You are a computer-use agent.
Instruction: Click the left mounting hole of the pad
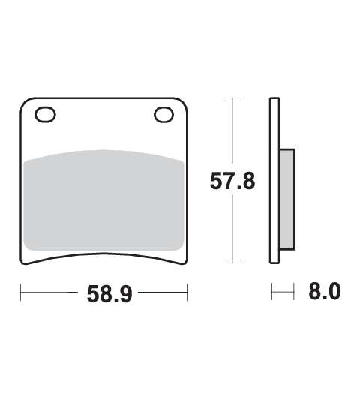pos(46,115)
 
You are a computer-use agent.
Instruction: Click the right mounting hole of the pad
pos(164,115)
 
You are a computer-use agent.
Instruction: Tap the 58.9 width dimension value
pos(109,294)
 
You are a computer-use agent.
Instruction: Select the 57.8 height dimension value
pos(232,181)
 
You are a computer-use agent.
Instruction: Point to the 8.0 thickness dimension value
pos(325,291)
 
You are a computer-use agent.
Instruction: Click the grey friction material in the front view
pos(103,200)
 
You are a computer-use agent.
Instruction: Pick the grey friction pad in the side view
pos(287,199)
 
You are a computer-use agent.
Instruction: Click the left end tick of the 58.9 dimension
pos(21,292)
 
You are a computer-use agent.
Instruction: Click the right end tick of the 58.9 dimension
pos(187,292)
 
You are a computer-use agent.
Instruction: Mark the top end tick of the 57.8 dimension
pos(232,98)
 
